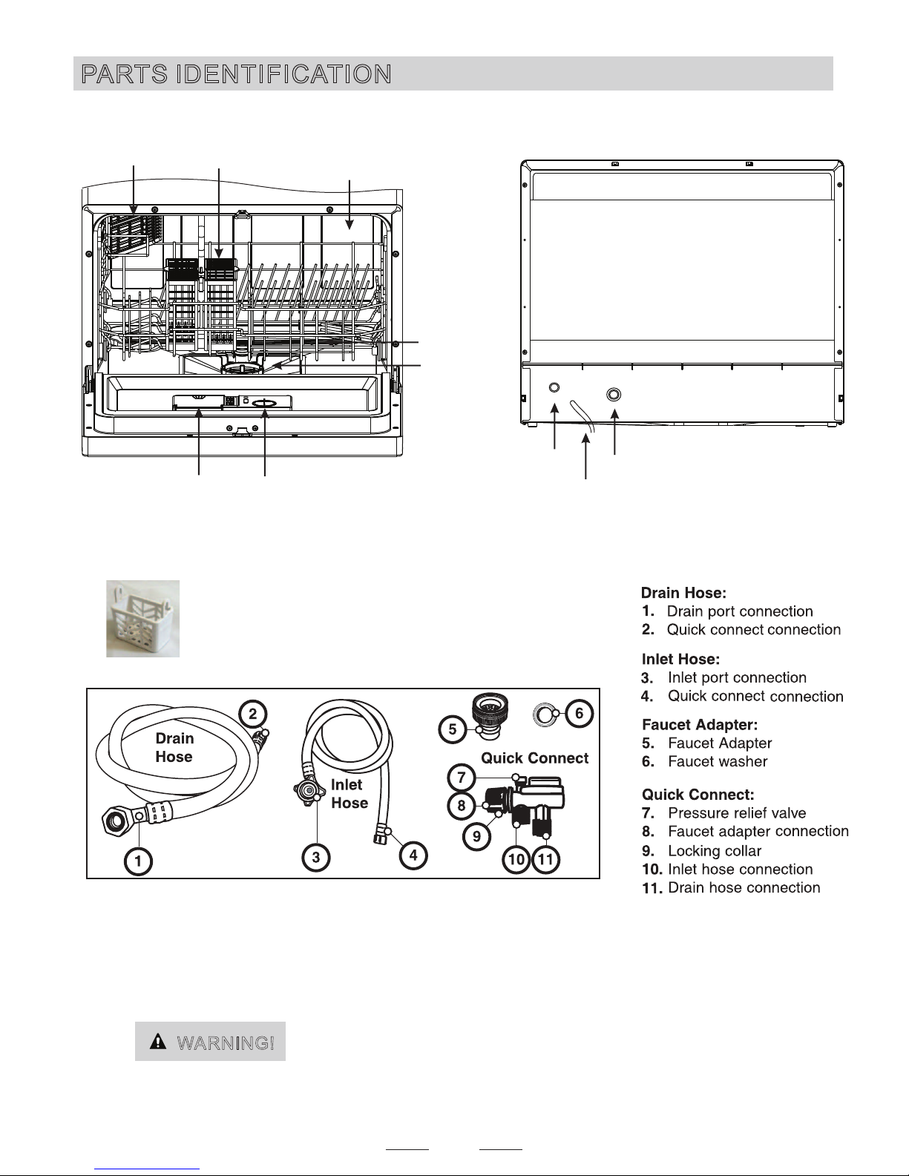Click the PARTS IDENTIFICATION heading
coord(237,74)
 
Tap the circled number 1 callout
coord(139,861)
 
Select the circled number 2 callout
coord(252,714)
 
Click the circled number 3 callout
coord(316,857)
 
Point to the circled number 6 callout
coord(580,714)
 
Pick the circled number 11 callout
coord(546,860)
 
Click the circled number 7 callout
coord(462,778)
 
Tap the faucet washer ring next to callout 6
coord(545,715)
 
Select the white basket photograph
coord(142,618)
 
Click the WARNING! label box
coord(210,1042)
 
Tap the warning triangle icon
coord(157,1042)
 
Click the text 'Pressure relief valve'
coord(736,813)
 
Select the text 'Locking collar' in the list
coord(714,851)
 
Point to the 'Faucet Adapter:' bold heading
coord(699,724)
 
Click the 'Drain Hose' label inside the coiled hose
coord(174,747)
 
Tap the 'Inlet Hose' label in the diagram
coord(349,794)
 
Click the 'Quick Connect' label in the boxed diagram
coord(534,758)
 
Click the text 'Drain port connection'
coord(740,611)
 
